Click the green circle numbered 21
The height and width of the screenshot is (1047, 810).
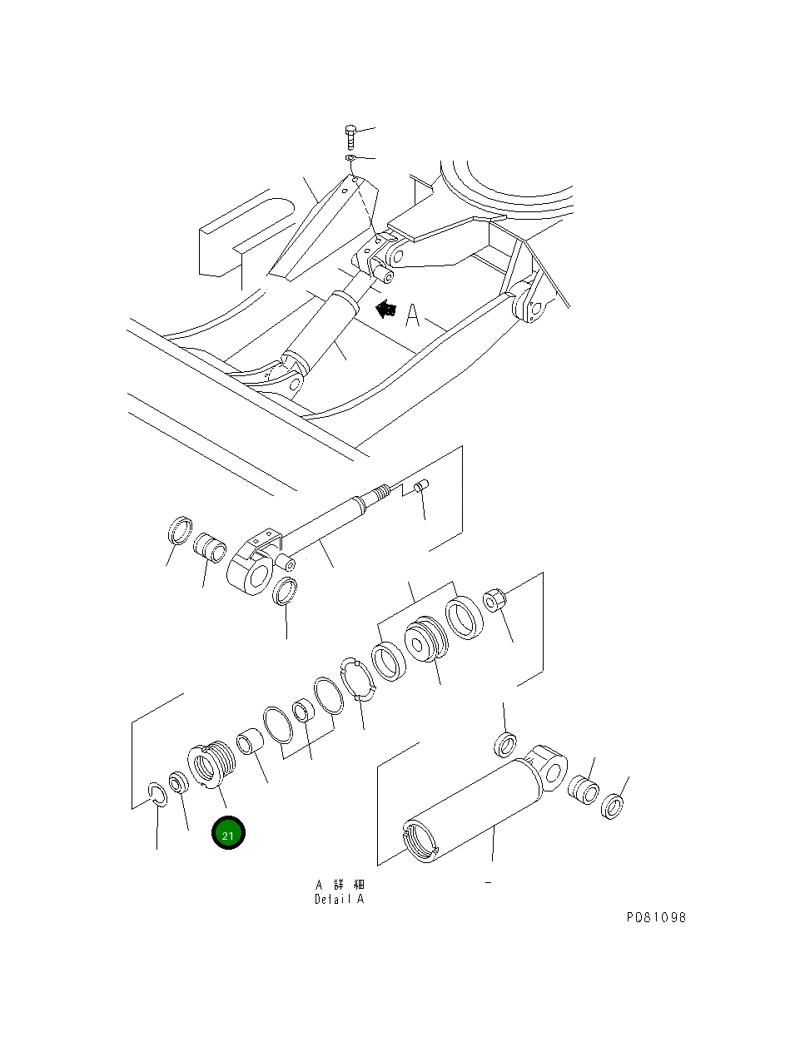tap(228, 832)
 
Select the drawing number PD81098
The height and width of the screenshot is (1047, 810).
tap(656, 917)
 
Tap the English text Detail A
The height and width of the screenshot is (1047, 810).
tap(339, 899)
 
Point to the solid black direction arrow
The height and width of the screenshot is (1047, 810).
tap(385, 309)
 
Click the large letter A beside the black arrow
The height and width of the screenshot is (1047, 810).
tap(412, 315)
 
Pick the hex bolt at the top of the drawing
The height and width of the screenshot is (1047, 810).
tap(350, 137)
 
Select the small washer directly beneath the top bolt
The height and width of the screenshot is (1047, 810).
tap(350, 158)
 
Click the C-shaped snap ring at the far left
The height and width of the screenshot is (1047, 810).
tap(157, 795)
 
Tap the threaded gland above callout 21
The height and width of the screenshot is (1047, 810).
tap(211, 765)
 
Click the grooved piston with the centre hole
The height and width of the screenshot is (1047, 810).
tap(426, 639)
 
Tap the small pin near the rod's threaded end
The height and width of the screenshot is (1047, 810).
tap(421, 486)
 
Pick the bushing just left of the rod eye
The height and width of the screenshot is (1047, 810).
tap(210, 548)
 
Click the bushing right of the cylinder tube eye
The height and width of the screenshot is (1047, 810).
tap(583, 790)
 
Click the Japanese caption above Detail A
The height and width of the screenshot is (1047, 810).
tap(340, 885)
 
